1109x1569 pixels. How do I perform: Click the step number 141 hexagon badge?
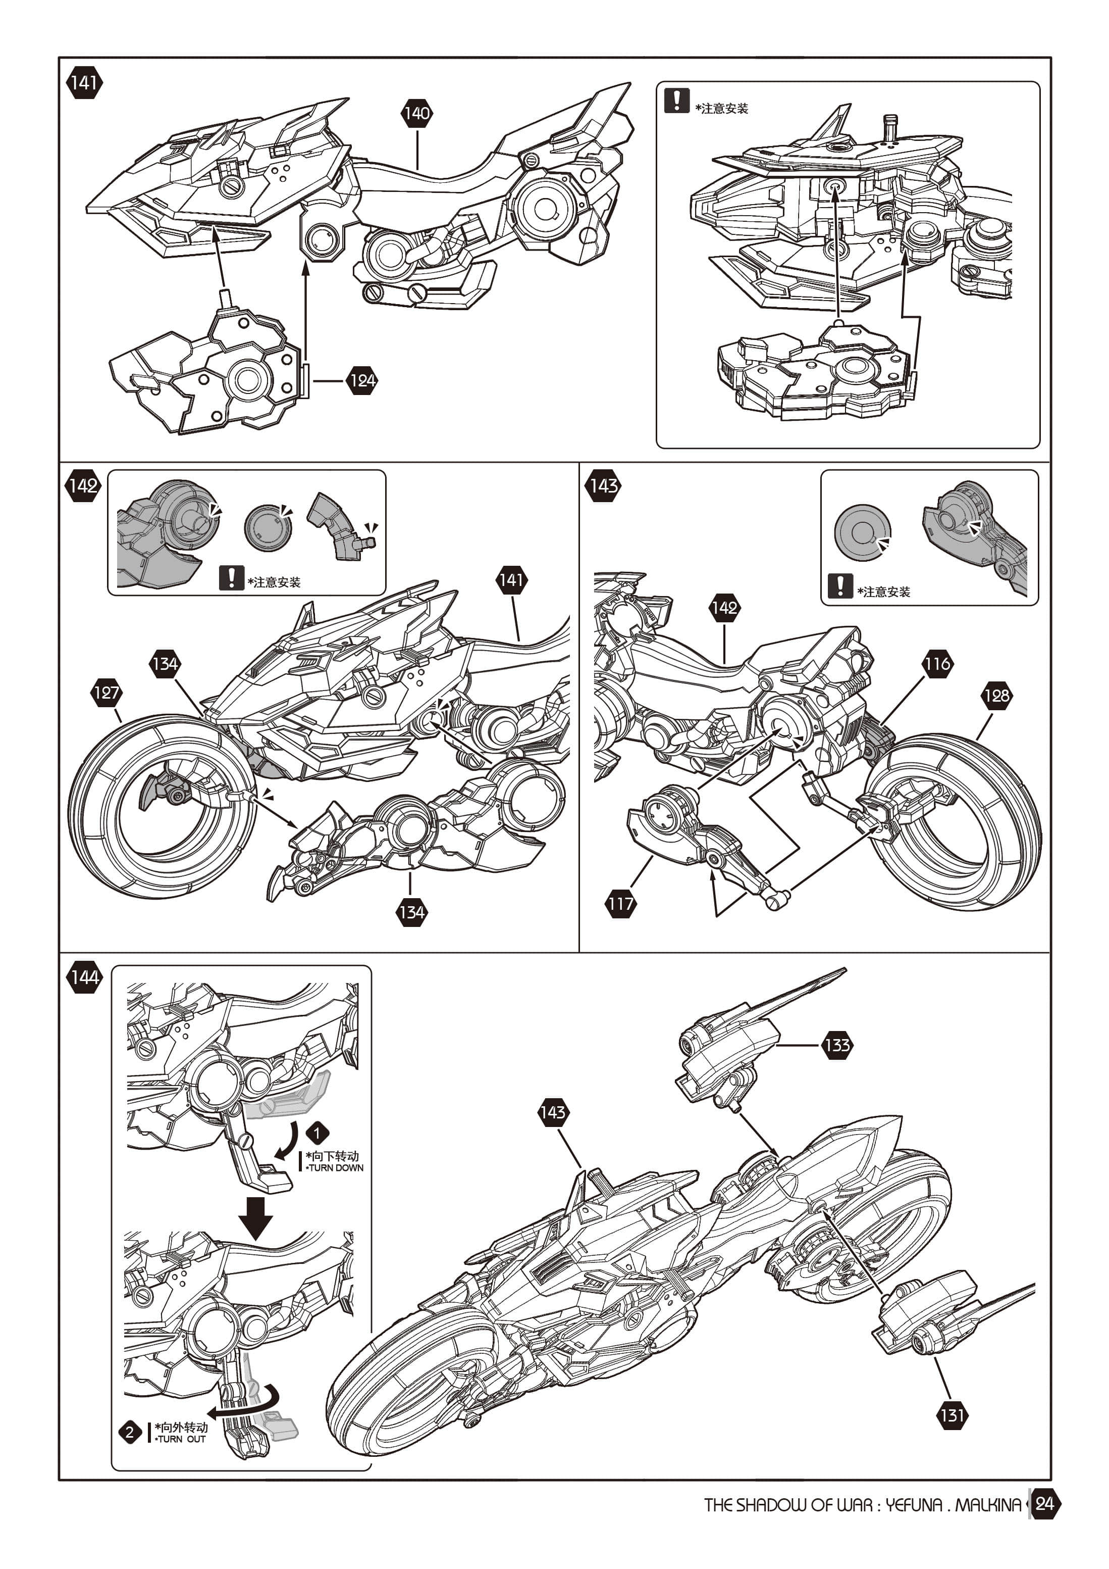click(84, 83)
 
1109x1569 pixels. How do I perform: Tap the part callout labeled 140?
click(416, 114)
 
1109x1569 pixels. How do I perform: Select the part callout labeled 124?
click(362, 381)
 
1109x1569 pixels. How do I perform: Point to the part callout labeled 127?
click(106, 693)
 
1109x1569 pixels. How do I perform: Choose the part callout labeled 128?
click(996, 696)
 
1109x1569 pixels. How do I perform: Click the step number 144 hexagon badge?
click(84, 977)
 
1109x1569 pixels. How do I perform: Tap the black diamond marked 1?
click(317, 1133)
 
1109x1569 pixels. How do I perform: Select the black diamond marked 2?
click(130, 1432)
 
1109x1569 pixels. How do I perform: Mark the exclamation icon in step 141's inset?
click(676, 101)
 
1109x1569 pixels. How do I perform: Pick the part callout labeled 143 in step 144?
click(552, 1112)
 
